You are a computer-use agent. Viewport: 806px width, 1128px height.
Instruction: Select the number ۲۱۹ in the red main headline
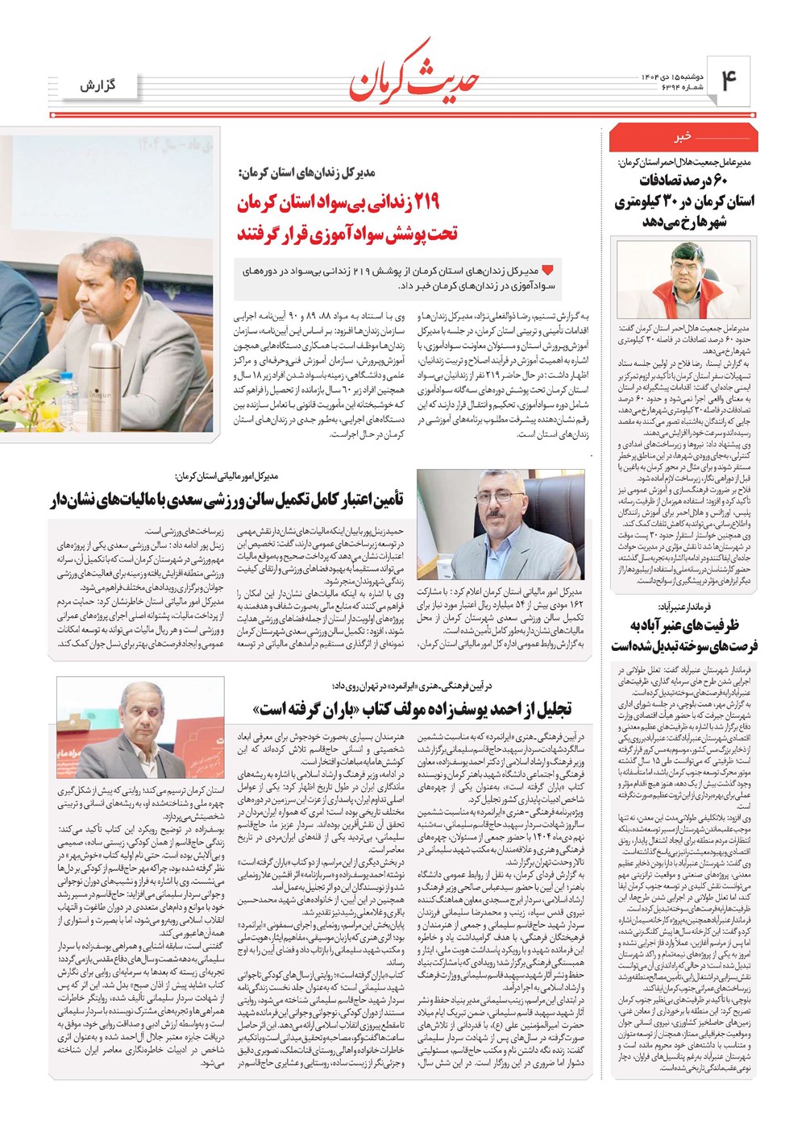433,205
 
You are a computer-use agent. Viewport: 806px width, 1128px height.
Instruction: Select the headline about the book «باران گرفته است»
411,708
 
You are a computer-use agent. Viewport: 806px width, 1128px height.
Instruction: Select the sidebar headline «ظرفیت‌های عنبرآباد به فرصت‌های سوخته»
681,635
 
